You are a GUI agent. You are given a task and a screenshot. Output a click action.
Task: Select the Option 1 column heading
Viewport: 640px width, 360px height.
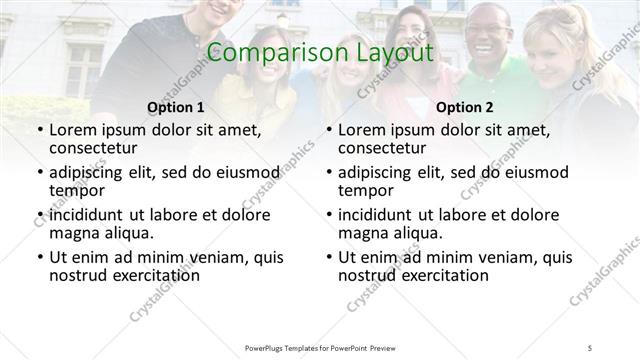tap(175, 107)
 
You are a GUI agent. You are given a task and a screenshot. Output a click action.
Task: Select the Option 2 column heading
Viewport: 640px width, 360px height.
tap(465, 107)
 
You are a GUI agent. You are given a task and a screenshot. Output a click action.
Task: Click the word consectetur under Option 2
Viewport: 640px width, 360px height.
tap(384, 149)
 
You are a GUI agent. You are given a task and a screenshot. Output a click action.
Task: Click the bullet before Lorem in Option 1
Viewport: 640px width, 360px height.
tap(38, 131)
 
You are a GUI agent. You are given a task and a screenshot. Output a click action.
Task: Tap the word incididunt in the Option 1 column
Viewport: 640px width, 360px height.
tap(87, 215)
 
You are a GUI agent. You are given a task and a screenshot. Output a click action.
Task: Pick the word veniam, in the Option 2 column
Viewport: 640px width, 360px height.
tap(500, 257)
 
